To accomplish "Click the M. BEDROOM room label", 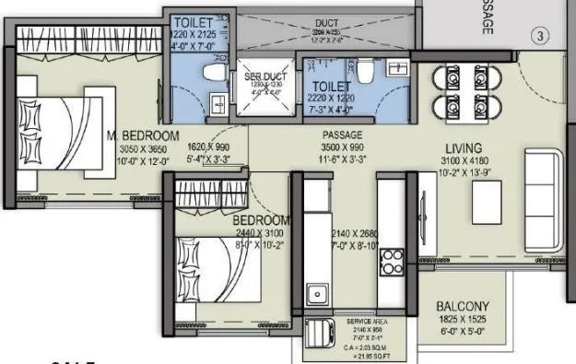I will coord(142,136).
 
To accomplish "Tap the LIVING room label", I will coord(463,147).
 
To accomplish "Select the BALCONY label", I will coord(464,307).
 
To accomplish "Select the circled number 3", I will coord(542,37).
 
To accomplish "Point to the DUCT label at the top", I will coord(326,23).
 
